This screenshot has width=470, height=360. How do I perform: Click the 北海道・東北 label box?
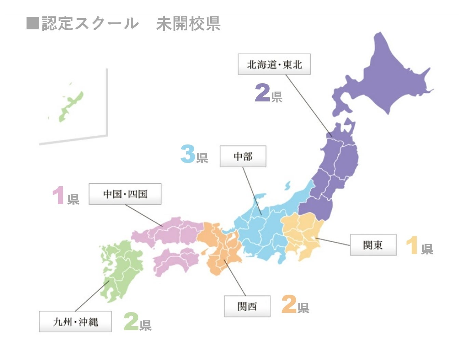[x=274, y=64]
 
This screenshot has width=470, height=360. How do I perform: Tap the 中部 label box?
[x=243, y=156]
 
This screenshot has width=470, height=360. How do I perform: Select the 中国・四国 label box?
[x=125, y=194]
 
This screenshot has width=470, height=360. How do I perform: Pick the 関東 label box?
[x=373, y=245]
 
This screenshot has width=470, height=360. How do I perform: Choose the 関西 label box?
[x=247, y=306]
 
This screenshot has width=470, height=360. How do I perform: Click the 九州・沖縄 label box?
[x=75, y=321]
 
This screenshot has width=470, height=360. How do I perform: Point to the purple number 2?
[x=262, y=93]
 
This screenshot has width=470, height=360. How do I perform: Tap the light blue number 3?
[x=188, y=154]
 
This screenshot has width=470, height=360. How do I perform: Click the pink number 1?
[x=59, y=195]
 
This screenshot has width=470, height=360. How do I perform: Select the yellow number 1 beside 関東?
[x=412, y=245]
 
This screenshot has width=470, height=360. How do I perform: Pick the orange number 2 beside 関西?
[x=289, y=304]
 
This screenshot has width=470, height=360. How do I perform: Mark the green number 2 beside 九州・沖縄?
[x=131, y=322]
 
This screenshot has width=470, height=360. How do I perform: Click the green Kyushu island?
[x=121, y=270]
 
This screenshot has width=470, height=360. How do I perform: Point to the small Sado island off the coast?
[x=287, y=185]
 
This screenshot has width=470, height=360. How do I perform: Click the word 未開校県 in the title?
[x=188, y=24]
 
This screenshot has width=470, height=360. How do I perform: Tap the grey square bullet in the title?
[x=32, y=23]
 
